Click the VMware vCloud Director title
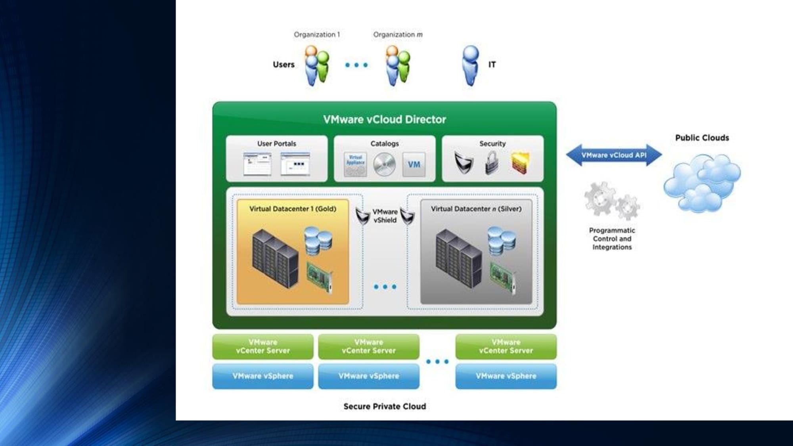[x=384, y=119]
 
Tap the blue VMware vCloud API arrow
[x=613, y=155]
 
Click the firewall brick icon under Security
[x=520, y=163]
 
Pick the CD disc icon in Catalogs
[x=384, y=164]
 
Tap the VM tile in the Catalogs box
[x=414, y=164]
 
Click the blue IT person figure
[x=471, y=65]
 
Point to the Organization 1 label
[x=316, y=34]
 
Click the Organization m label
[x=398, y=34]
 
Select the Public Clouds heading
[x=702, y=138]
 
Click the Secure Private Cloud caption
[x=384, y=406]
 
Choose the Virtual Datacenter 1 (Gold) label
[x=293, y=209]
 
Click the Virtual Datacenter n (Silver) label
[x=476, y=209]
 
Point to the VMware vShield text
[x=385, y=216]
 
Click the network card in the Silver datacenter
[x=503, y=278]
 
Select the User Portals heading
[x=276, y=144]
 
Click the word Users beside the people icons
[x=283, y=65]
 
